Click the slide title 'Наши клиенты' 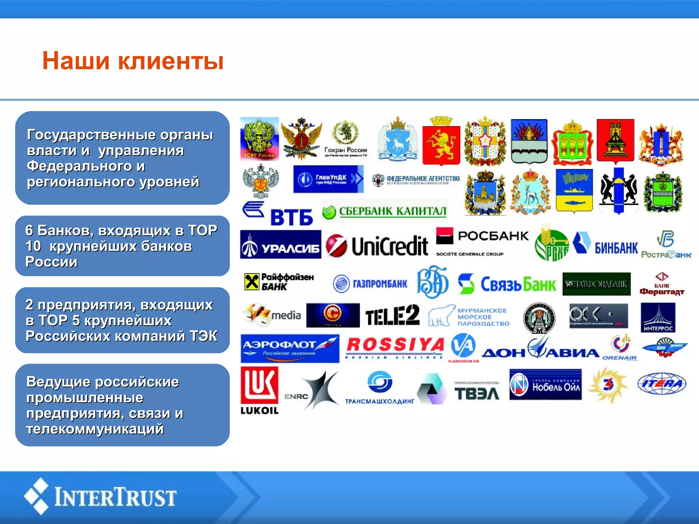133,61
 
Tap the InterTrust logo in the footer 100,496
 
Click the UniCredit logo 377,246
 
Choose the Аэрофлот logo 290,348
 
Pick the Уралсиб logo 281,245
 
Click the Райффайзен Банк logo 279,282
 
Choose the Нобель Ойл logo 545,384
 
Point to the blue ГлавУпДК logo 328,179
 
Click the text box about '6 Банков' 122,246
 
